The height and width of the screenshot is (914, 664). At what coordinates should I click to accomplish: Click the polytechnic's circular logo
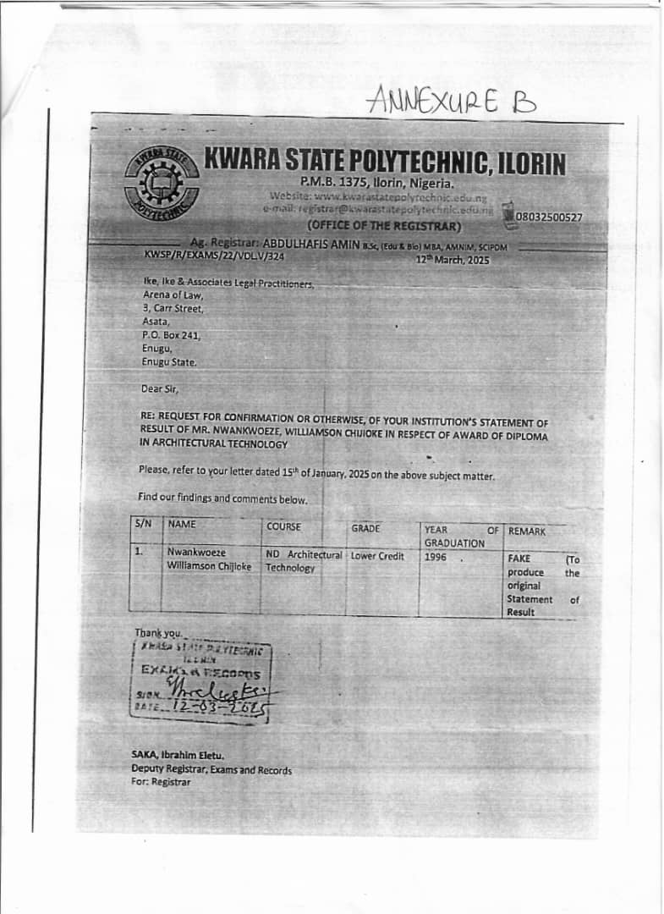(162, 184)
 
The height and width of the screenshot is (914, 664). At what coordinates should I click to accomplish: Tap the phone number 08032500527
(550, 217)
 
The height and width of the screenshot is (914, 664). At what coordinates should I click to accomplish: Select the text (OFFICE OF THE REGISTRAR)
(384, 225)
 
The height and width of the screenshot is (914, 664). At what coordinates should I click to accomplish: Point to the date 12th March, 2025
(453, 260)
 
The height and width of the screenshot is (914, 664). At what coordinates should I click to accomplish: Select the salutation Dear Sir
(160, 389)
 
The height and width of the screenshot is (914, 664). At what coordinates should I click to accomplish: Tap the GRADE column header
(366, 528)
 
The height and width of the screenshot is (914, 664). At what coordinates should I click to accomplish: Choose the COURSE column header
(284, 526)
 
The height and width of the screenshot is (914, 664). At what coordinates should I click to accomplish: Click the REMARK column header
(527, 531)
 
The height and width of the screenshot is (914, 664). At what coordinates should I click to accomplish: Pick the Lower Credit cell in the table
(377, 556)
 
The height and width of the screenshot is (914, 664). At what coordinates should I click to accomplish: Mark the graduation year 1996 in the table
(436, 559)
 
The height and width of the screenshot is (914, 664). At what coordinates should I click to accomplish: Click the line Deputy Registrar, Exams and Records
(211, 770)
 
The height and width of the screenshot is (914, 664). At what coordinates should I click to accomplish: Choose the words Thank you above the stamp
(158, 633)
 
